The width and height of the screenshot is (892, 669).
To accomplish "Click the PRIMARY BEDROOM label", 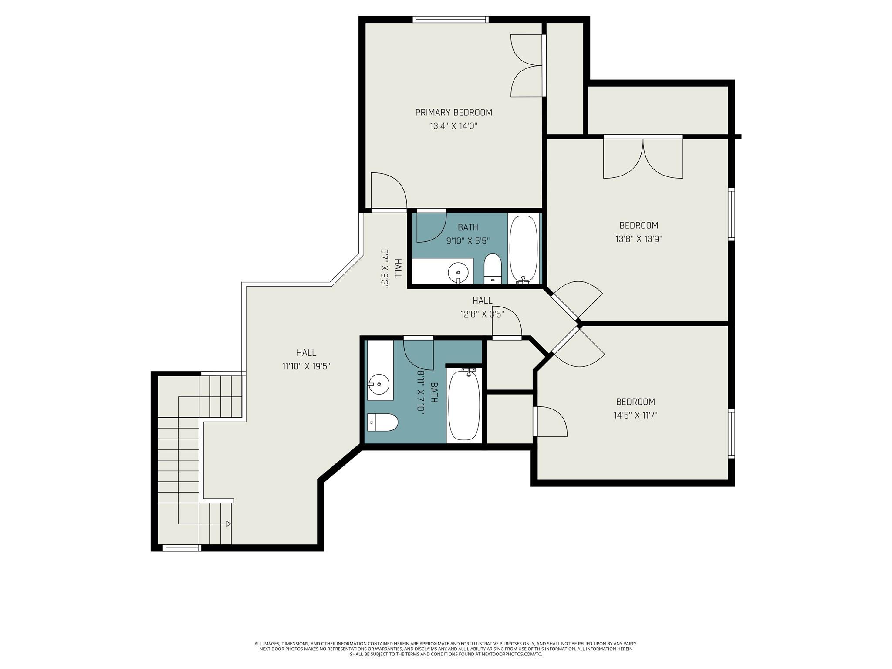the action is [453, 113].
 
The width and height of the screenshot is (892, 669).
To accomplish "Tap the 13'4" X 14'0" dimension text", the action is [453, 127].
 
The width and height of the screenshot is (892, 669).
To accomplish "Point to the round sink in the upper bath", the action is [458, 273].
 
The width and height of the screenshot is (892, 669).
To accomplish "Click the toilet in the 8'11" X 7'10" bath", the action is [383, 422].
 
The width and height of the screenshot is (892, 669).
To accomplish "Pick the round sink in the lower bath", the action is [378, 384].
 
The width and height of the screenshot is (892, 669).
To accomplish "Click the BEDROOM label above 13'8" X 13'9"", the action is [639, 226].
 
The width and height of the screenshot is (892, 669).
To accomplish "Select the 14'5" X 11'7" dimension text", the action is [635, 416].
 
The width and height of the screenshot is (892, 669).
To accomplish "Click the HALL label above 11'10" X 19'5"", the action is [306, 353].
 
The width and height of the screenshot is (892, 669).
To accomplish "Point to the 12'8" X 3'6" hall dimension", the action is [483, 314].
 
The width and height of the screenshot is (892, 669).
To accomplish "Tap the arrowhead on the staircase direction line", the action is [229, 524].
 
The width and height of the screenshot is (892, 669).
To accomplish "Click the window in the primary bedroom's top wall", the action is [450, 19].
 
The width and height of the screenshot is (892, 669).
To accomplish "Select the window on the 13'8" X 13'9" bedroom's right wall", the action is [732, 214].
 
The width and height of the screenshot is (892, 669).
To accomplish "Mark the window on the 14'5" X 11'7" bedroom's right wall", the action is [732, 433].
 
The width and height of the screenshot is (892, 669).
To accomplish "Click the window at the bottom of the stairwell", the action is [181, 548].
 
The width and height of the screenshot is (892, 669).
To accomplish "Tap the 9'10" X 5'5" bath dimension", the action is [468, 240].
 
